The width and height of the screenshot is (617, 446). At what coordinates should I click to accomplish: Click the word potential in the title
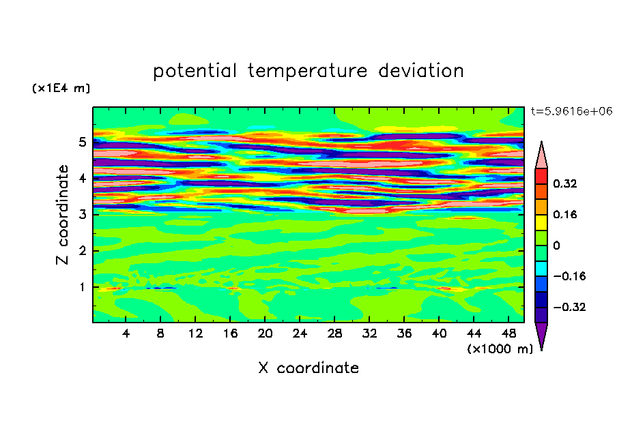click(195, 71)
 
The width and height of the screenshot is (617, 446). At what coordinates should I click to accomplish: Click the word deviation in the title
click(421, 70)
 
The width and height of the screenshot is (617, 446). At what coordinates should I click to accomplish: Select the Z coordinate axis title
click(62, 214)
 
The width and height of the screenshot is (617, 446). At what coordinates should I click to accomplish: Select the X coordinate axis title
click(308, 368)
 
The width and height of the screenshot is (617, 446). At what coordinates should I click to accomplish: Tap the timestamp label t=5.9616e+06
click(571, 111)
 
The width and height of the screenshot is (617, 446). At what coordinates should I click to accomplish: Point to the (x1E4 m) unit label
click(61, 88)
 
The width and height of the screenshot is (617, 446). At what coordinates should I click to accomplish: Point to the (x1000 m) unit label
click(500, 349)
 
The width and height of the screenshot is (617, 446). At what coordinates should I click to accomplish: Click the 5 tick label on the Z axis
click(82, 142)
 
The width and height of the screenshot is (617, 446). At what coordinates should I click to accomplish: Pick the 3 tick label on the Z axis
click(82, 215)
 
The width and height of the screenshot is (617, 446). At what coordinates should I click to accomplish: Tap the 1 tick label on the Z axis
click(82, 288)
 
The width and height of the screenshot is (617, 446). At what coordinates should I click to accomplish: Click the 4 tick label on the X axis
click(126, 333)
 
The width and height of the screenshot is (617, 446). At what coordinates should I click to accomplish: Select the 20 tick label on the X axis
click(265, 333)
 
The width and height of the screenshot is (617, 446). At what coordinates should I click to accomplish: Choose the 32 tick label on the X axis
click(369, 333)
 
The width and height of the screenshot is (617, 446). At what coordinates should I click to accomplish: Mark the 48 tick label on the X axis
click(508, 333)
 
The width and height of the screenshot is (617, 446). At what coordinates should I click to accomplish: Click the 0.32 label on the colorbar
click(564, 183)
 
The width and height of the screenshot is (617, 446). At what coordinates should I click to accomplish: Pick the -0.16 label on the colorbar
click(569, 276)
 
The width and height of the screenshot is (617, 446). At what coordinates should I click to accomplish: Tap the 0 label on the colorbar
click(556, 246)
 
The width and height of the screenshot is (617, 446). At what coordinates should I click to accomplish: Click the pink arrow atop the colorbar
click(541, 156)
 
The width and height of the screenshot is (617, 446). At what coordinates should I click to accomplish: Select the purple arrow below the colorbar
click(541, 335)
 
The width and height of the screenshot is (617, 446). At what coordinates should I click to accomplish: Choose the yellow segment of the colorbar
click(541, 222)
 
